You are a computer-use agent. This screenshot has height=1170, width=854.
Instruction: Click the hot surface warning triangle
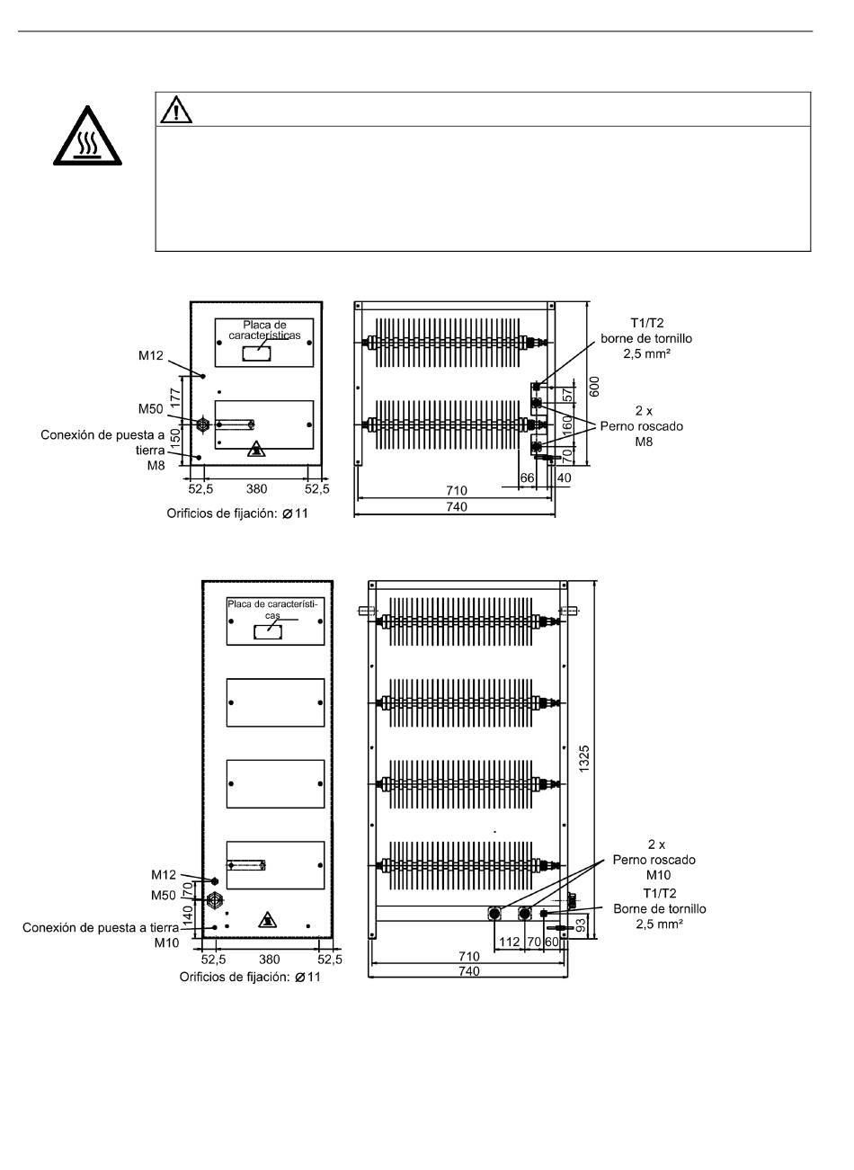click(87, 137)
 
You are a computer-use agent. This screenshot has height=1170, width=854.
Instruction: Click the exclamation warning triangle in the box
click(176, 110)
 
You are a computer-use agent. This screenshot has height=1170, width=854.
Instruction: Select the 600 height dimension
click(594, 387)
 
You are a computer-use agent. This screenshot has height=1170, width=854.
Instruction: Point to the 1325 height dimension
click(584, 758)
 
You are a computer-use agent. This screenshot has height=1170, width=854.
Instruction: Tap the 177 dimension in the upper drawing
click(175, 398)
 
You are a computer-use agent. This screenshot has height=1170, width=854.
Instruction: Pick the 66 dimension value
click(527, 478)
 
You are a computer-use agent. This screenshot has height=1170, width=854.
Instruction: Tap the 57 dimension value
click(567, 395)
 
